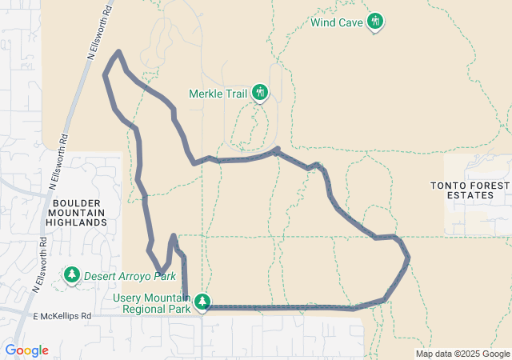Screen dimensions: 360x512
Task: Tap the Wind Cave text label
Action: click(337, 22)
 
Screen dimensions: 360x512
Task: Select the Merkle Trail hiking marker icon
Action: click(259, 93)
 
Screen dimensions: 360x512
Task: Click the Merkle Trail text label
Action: click(218, 94)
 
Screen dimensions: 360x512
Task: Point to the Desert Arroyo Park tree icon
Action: click(72, 275)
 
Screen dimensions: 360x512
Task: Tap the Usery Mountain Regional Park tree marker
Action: click(203, 302)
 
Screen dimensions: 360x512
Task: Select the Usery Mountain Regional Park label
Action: click(152, 302)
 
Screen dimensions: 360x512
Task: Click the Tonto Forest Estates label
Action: click(469, 190)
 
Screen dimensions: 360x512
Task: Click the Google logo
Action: click(26, 350)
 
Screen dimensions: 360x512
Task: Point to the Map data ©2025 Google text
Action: click(462, 354)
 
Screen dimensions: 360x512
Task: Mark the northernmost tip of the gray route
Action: click(118, 52)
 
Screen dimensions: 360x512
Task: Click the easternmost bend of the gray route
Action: click(409, 257)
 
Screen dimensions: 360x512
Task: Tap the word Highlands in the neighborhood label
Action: click(77, 222)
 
